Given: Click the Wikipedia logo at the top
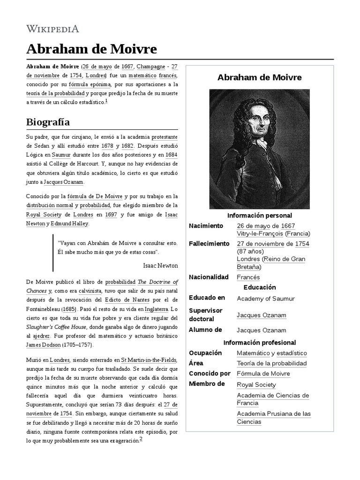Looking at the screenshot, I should click(x=52, y=29).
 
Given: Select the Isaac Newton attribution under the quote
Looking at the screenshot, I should click(x=160, y=265).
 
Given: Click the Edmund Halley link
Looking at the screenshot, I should click(x=69, y=224).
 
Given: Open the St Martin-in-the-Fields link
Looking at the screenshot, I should click(x=149, y=360).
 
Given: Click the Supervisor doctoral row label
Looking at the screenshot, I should click(x=206, y=315).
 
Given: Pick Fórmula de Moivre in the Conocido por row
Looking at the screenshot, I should click(x=263, y=374).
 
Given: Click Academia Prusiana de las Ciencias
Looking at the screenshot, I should click(x=274, y=417).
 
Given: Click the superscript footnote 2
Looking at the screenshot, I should click(x=141, y=440).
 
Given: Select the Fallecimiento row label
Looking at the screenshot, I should click(x=209, y=244).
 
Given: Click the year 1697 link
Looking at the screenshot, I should click(x=111, y=215).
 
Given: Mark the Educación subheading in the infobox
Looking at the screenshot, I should click(x=260, y=287).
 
